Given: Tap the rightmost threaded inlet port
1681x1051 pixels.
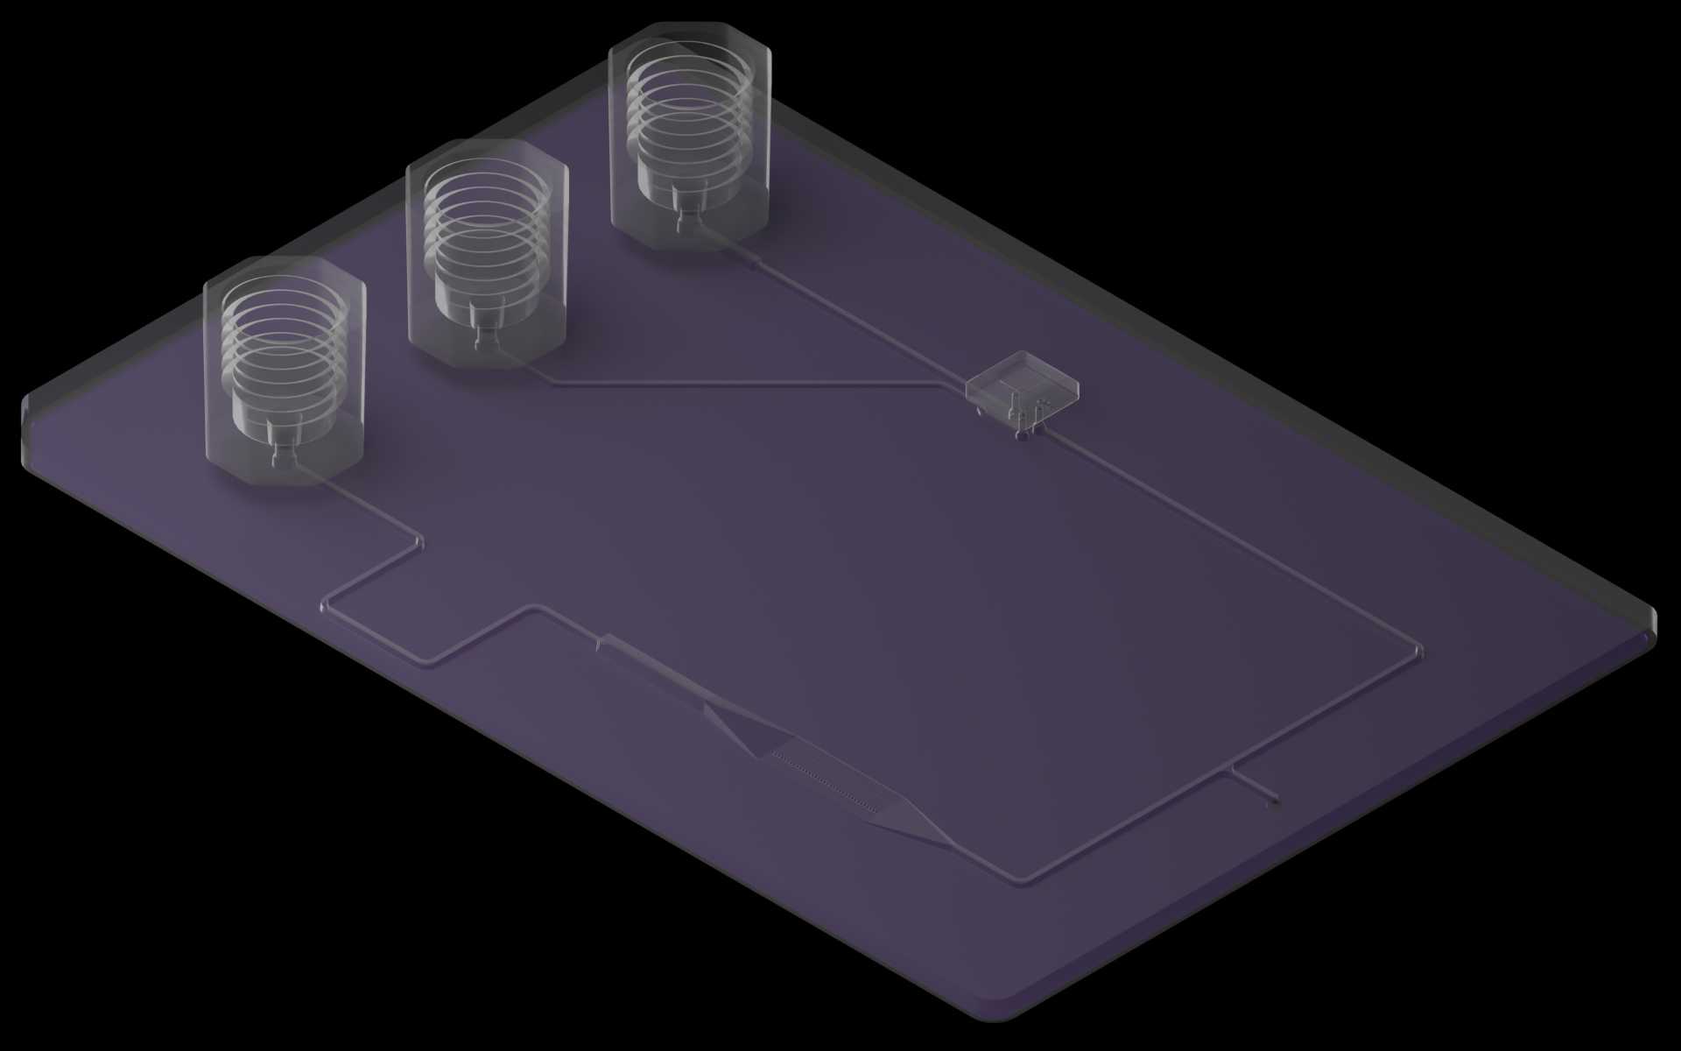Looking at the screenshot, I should pos(690,136).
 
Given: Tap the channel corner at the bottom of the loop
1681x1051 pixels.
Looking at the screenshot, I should pos(1020,880).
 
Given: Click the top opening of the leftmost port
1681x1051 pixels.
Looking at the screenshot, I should pos(282,293).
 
